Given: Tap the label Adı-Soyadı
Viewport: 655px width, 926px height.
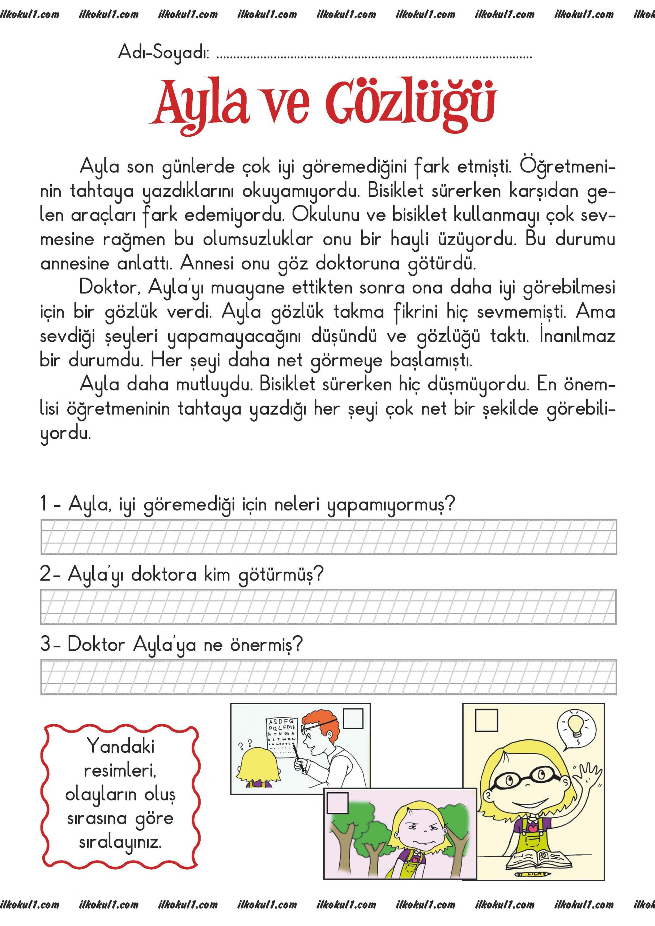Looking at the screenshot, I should (x=163, y=53).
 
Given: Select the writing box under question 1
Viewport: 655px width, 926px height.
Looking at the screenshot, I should (x=328, y=537).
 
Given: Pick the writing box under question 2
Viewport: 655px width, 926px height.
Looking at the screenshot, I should (x=328, y=607).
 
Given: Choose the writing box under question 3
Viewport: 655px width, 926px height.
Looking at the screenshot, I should (x=328, y=677).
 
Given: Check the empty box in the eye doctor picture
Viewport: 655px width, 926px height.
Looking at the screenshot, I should (x=353, y=718).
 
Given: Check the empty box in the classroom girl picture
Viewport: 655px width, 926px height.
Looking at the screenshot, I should (x=486, y=720).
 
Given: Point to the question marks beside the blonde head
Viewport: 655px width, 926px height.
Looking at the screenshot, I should (x=245, y=743).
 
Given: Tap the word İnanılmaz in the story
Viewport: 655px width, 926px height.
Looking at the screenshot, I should (x=577, y=336).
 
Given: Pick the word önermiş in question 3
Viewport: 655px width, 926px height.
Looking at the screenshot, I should (x=265, y=645).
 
